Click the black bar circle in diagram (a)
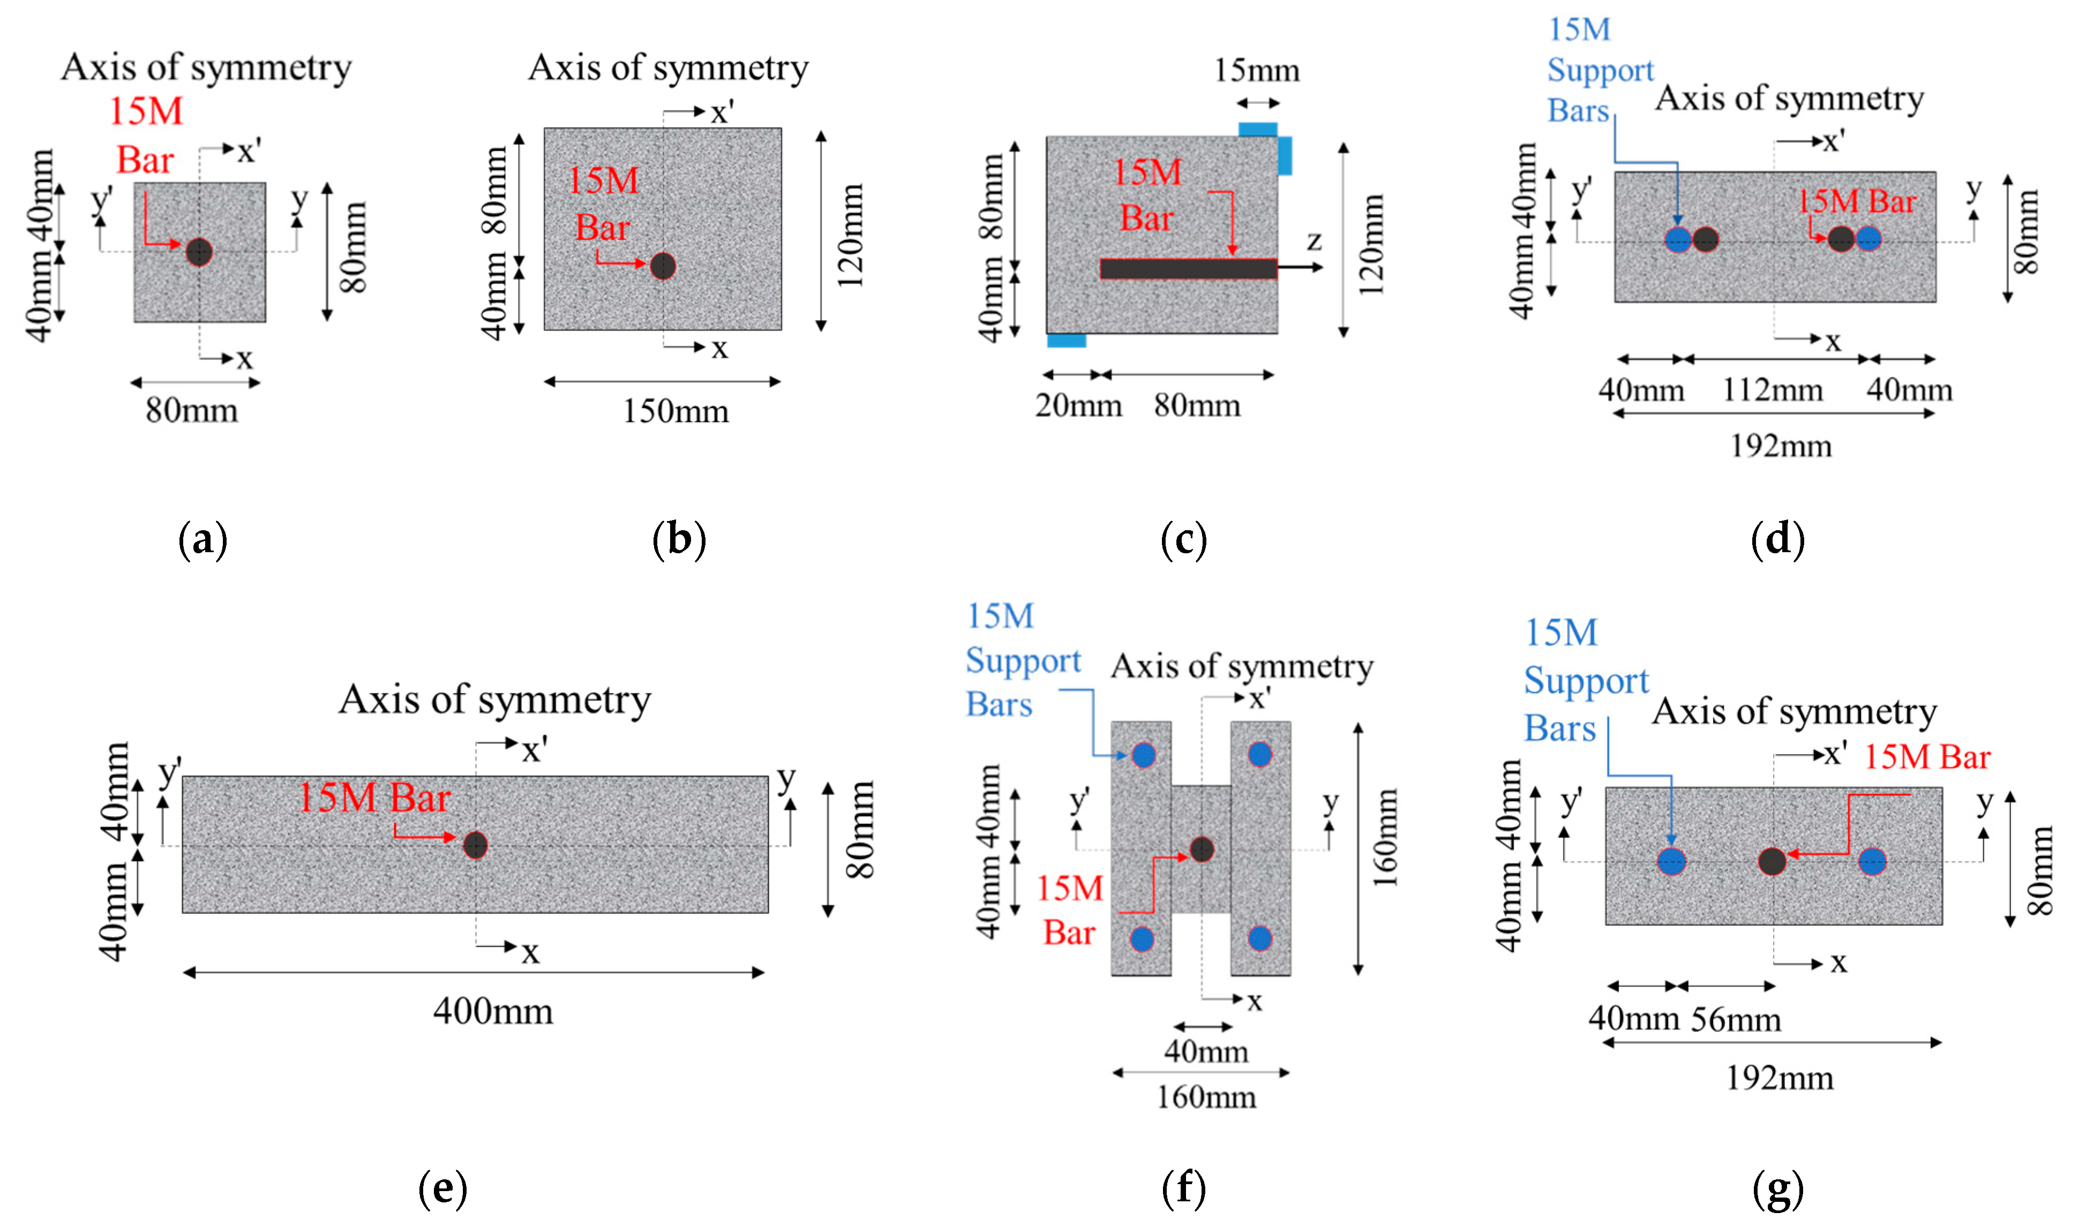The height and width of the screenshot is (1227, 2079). click(x=199, y=251)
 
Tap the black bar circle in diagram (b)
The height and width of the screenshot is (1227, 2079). click(x=663, y=266)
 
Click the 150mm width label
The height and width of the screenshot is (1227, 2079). click(x=675, y=411)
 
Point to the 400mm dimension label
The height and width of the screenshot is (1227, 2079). click(x=493, y=1011)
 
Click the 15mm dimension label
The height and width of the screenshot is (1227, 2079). click(x=1256, y=70)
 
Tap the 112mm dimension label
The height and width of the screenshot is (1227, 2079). click(x=1772, y=389)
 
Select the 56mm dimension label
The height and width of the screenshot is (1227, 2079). click(x=1736, y=1020)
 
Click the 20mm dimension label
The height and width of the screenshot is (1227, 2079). click(x=1078, y=405)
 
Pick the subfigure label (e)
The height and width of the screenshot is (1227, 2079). click(x=442, y=1188)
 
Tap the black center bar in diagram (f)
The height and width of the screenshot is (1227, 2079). click(x=1202, y=849)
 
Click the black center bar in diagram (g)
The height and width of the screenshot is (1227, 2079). click(x=1772, y=862)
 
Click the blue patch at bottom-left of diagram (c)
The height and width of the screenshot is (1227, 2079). click(x=1066, y=340)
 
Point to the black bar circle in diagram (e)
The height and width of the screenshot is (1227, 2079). click(x=475, y=845)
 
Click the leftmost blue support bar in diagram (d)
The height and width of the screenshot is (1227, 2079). click(x=1678, y=240)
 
